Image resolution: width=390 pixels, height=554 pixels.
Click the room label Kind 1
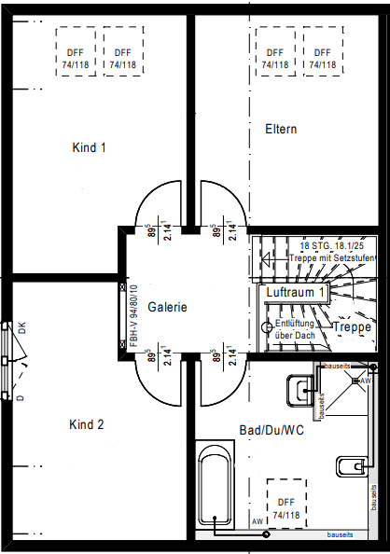(89, 147)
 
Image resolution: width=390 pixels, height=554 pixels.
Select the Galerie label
(168, 306)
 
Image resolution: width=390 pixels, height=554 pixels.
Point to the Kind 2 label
(87, 424)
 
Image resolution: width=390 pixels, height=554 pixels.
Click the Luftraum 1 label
(295, 293)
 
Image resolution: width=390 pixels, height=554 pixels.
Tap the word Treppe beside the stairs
(352, 327)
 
